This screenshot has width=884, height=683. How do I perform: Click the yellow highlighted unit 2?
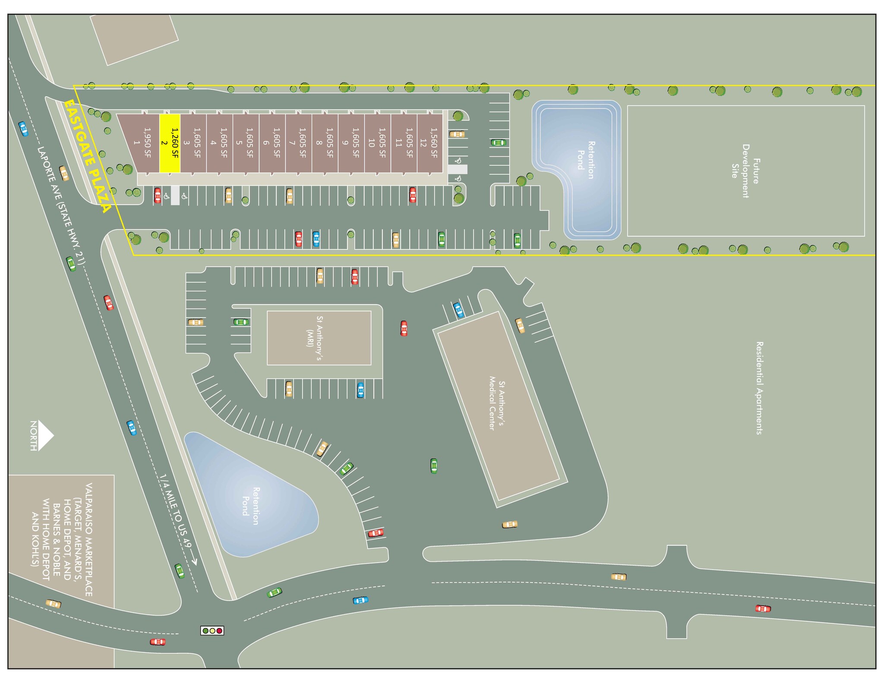tap(170, 143)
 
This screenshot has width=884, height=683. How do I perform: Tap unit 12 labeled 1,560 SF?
tap(429, 143)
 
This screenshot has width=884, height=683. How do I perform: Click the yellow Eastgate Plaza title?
tap(88, 156)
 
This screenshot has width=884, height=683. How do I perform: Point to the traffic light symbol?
tap(212, 630)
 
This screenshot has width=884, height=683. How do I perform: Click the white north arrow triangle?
tap(45, 435)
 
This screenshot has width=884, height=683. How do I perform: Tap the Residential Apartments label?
tap(759, 388)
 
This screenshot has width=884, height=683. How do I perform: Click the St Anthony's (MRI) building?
tap(319, 338)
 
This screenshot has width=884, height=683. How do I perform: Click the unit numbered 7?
tap(298, 143)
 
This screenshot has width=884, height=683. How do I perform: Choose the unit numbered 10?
tap(377, 143)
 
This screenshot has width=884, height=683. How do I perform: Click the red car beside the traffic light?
tap(158, 642)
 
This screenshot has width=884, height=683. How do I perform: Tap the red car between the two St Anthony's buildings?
tap(404, 328)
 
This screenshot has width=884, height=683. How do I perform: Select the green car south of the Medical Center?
tap(434, 466)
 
